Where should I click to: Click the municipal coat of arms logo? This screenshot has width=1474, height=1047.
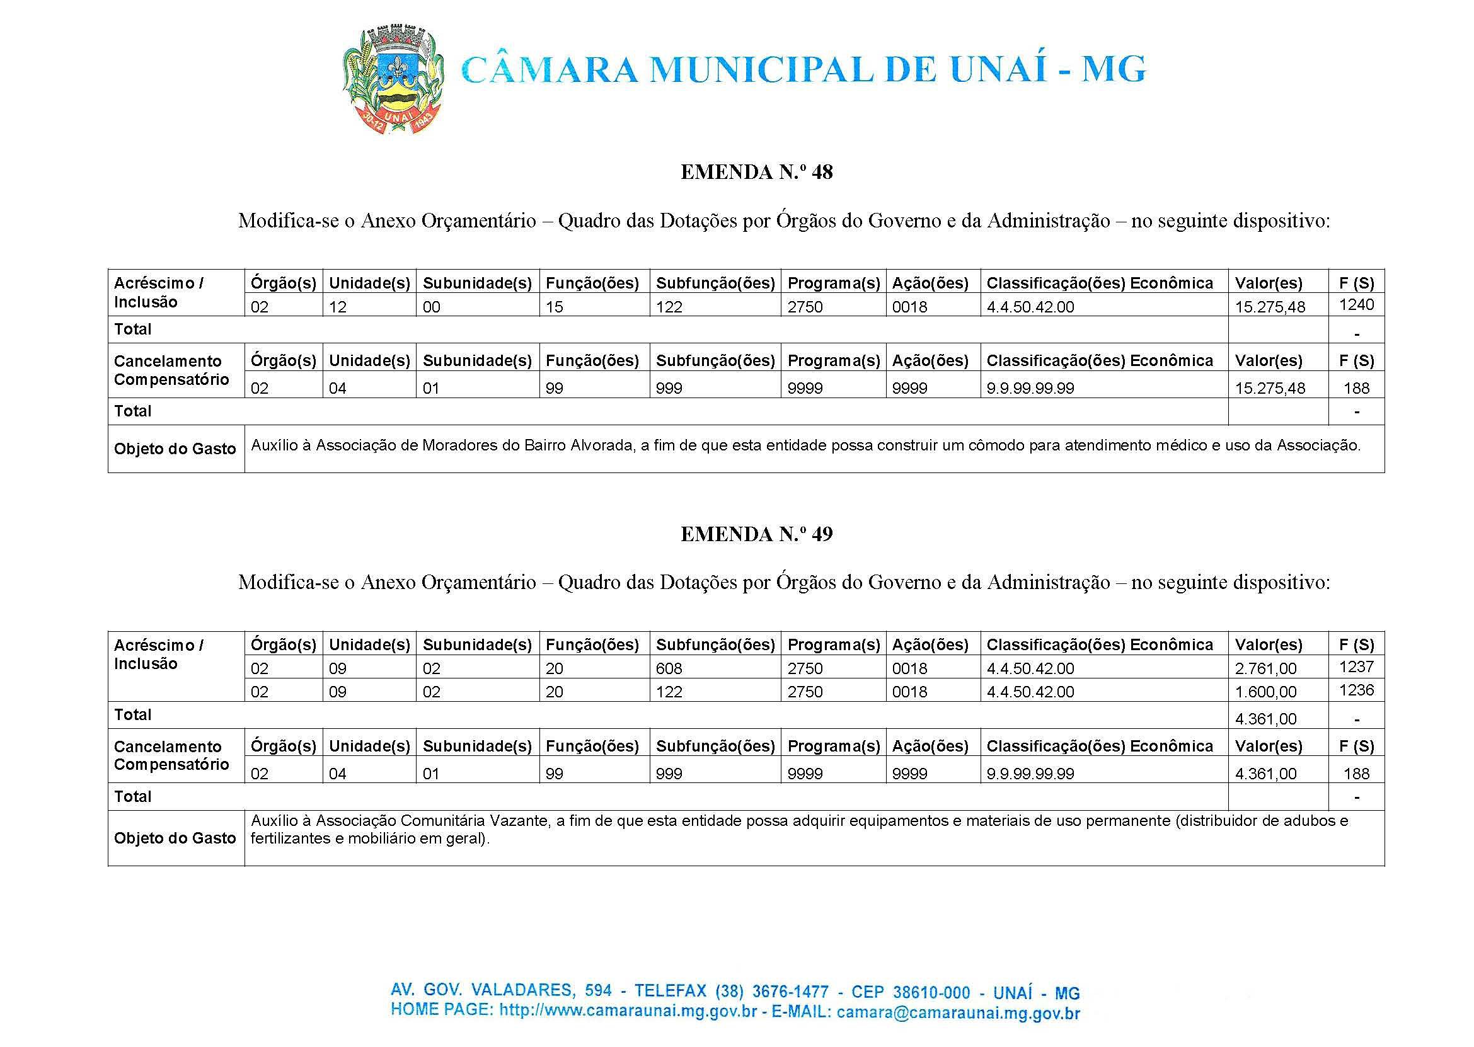(392, 80)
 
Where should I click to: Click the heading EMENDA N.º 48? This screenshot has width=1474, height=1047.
(756, 172)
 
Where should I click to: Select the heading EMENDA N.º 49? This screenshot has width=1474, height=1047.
(756, 534)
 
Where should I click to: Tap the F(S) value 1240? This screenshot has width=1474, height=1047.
(1356, 304)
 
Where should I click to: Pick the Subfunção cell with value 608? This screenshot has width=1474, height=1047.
(669, 668)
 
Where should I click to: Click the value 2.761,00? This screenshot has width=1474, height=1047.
(1265, 668)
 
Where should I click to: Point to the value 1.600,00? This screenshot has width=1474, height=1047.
(1265, 692)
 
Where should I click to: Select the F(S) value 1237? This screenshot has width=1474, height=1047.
(1356, 666)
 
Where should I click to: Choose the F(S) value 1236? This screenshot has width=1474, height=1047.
(1356, 690)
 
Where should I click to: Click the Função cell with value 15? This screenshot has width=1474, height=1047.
(554, 307)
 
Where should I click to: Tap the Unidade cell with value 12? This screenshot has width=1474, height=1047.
(337, 307)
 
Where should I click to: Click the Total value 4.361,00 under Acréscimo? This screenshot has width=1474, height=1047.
(1265, 718)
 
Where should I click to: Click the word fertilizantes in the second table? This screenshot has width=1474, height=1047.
(290, 838)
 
